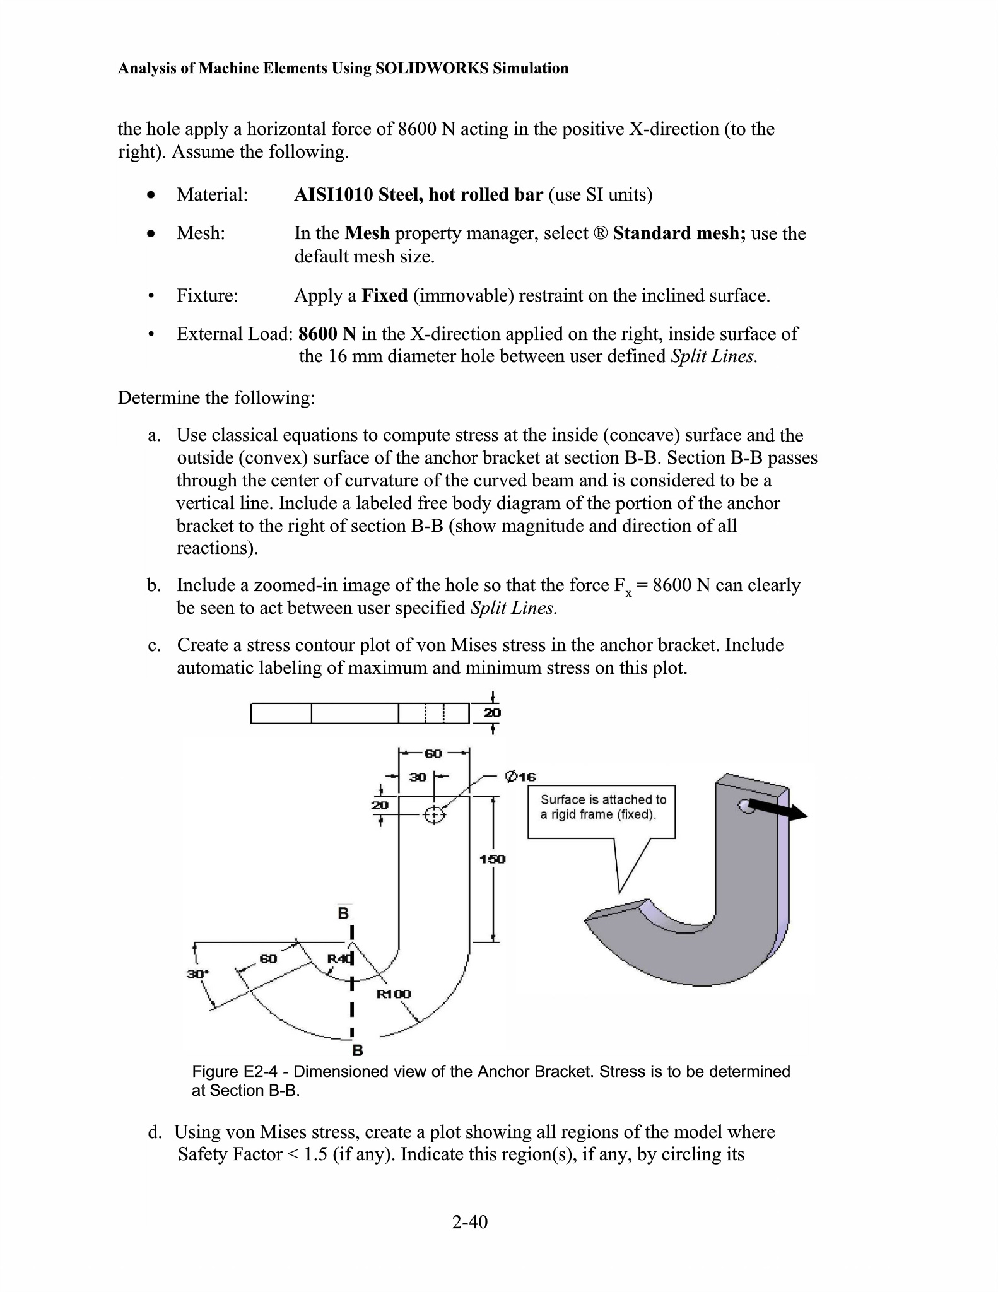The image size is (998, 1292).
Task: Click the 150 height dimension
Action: [x=492, y=859]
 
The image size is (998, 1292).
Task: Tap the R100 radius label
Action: [x=394, y=994]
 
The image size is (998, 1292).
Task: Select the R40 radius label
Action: [x=339, y=959]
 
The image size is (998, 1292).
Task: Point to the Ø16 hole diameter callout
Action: [x=520, y=777]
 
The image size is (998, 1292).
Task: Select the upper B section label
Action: [x=343, y=913]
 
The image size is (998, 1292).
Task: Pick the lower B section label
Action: [x=357, y=1050]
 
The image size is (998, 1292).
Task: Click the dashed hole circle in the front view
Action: [x=434, y=816]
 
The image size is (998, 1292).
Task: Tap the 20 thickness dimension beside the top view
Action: [x=492, y=713]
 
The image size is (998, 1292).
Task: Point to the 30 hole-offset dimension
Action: [x=418, y=777]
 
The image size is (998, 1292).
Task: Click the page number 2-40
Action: [x=470, y=1222]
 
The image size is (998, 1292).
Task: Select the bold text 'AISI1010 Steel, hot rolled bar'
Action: [x=418, y=194]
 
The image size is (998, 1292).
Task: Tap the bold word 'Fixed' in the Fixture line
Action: [x=384, y=296]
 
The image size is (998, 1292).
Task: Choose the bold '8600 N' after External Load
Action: [x=327, y=334]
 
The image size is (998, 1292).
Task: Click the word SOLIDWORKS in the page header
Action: [x=431, y=68]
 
